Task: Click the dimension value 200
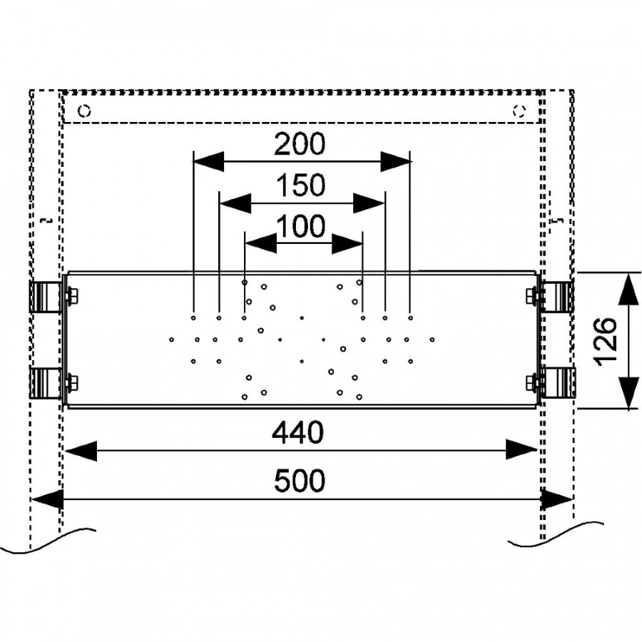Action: click(300, 145)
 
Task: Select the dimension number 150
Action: click(300, 185)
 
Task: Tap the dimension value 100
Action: click(300, 227)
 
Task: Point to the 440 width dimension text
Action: click(300, 432)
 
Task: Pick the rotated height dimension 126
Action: click(605, 341)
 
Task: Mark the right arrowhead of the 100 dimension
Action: click(348, 245)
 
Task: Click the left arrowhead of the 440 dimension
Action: click(80, 450)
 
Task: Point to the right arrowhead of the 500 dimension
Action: click(557, 499)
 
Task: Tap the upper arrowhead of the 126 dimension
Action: click(628, 289)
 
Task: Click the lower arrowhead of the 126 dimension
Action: click(628, 392)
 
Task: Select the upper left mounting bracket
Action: click(45, 297)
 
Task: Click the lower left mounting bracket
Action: click(45, 383)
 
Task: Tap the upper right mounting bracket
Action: click(556, 297)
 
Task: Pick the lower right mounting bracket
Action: click(556, 383)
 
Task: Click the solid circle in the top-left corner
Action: click(85, 111)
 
